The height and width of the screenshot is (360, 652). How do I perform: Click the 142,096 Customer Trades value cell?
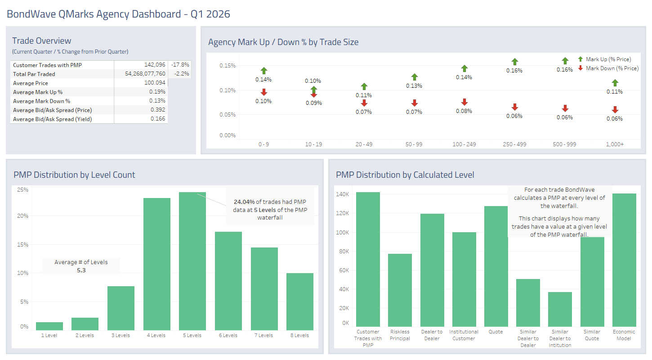[x=155, y=65]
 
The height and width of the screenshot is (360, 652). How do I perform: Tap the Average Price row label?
[x=31, y=83]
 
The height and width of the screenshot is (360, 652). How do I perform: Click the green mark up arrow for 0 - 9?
[x=263, y=71]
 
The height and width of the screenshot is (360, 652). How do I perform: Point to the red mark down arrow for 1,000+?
[x=615, y=110]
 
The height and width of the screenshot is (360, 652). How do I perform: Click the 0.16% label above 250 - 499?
[x=514, y=71]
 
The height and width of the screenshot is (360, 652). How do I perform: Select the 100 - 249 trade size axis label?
[x=464, y=144]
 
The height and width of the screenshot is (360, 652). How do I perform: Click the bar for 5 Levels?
[x=192, y=261]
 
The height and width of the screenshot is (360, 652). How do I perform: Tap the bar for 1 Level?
[x=49, y=326]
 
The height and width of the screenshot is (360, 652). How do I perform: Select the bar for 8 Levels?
[x=300, y=301]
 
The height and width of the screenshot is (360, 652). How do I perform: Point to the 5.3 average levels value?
[x=81, y=270]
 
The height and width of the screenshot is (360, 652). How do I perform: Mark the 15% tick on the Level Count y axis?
[x=22, y=245]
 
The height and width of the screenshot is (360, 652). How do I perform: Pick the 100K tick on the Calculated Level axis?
[x=343, y=233]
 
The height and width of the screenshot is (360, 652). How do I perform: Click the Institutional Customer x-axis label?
[x=464, y=335]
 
